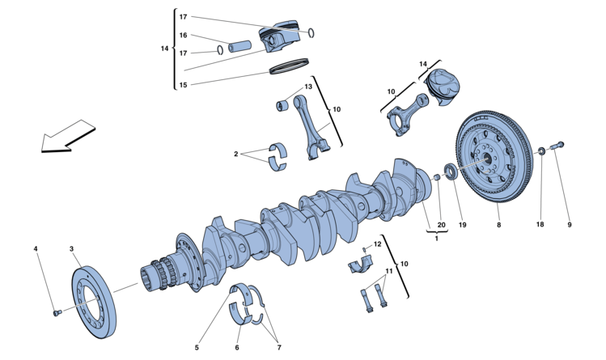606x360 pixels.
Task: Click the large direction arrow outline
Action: pyautogui.click(x=68, y=136)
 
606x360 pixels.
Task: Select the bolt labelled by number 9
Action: pyautogui.click(x=557, y=146)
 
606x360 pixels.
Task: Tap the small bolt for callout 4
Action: pyautogui.click(x=57, y=312)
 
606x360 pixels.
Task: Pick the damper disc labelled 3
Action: pyautogui.click(x=94, y=302)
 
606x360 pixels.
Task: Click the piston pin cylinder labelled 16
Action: pyautogui.click(x=239, y=46)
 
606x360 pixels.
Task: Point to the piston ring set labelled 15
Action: pyautogui.click(x=289, y=66)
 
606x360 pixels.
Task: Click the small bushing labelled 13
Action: pyautogui.click(x=282, y=105)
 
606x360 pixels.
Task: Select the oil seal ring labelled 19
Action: pyautogui.click(x=451, y=172)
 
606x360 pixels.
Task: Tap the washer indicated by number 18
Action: pyautogui.click(x=542, y=150)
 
